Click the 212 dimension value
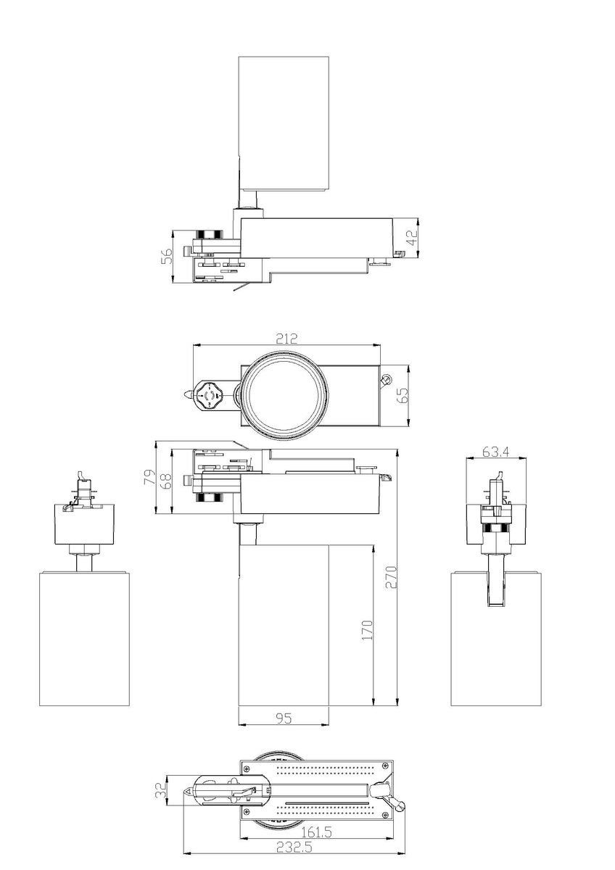pyautogui.click(x=286, y=339)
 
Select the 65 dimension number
pyautogui.click(x=404, y=396)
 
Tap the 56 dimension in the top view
pyautogui.click(x=167, y=257)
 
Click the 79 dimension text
pyautogui.click(x=149, y=478)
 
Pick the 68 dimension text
pyautogui.click(x=165, y=481)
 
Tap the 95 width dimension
pyautogui.click(x=284, y=718)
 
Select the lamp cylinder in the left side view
pyautogui.click(x=84, y=638)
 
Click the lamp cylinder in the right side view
pyautogui.click(x=496, y=638)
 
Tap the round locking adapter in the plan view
pyautogui.click(x=212, y=396)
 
